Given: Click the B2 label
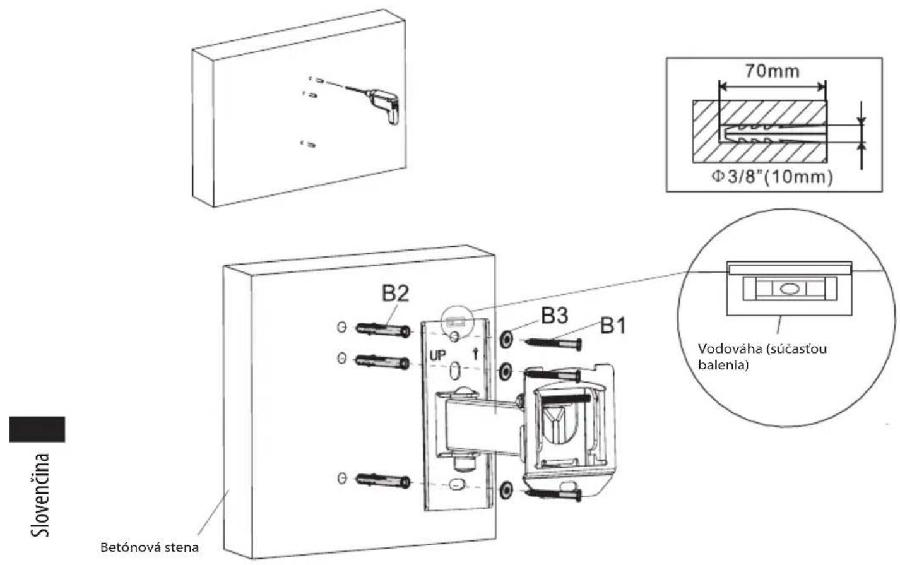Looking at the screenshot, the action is [395, 294].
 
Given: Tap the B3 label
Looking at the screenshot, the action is [555, 316].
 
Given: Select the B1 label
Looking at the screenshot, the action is [613, 326].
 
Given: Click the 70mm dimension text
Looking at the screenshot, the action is [773, 71].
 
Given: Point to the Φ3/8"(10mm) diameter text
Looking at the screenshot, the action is [772, 177].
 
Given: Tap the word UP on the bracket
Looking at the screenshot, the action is [437, 355].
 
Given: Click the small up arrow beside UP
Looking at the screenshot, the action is [476, 354].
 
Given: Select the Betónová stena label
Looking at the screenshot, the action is [150, 548].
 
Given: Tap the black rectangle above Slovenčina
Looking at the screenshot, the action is [37, 429].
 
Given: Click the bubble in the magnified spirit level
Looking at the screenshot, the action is [789, 288].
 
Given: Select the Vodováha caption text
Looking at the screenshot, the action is [762, 357].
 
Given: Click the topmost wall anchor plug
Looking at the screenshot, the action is [383, 330].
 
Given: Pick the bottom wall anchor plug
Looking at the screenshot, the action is [383, 480].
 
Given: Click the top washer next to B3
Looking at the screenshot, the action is [506, 340].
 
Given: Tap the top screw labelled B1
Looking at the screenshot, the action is [553, 343].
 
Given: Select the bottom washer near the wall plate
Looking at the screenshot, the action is [507, 491].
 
